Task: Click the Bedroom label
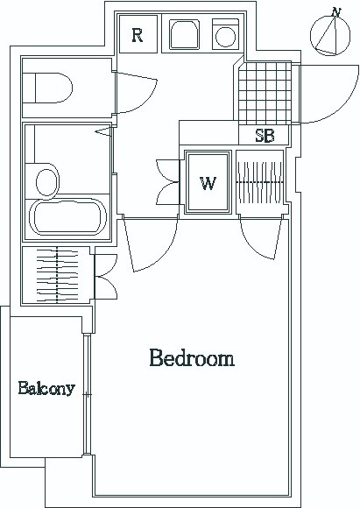[x=192, y=358]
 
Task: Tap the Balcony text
[x=46, y=388]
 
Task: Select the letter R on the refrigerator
[x=138, y=35]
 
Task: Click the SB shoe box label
[x=265, y=136]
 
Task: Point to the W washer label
[x=208, y=183]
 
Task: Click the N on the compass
[x=336, y=12]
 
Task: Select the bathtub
[x=67, y=216]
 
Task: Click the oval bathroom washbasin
[x=47, y=182]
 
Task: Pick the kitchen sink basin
[x=185, y=35]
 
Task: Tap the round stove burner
[x=225, y=37]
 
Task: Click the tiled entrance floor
[x=265, y=94]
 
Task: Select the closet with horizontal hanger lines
[x=57, y=275]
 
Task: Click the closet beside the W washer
[x=260, y=182]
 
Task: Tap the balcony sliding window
[x=87, y=395]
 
